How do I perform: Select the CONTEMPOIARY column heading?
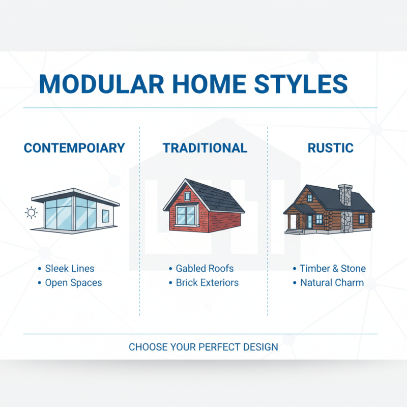point(74,148)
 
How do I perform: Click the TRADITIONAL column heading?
point(205,148)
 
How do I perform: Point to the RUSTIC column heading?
point(330,148)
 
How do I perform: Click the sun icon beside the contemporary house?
point(32,213)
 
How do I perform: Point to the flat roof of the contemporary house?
point(76,194)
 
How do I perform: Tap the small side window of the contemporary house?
point(105,216)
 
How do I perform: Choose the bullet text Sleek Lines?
point(69,269)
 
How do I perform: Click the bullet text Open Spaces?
point(73,283)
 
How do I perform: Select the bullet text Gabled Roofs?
point(205,269)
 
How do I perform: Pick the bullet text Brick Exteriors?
point(207,283)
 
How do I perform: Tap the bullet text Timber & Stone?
point(332,269)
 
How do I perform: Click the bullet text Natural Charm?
point(332,283)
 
